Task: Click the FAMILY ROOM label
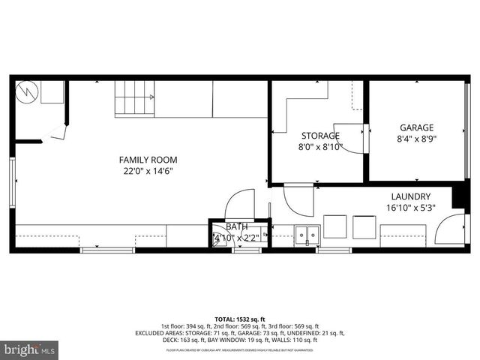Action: tap(148, 160)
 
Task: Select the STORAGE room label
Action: tap(320, 136)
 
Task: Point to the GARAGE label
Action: tap(416, 127)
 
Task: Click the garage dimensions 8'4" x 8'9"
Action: tap(416, 139)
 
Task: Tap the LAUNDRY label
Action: tap(409, 196)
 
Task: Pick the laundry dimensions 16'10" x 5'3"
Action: tap(409, 208)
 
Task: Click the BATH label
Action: tap(236, 226)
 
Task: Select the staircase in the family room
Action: tap(134, 99)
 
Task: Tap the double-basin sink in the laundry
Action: tap(306, 235)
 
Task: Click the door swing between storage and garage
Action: tap(349, 137)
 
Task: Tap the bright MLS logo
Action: tap(28, 349)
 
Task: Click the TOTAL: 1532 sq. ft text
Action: tap(239, 319)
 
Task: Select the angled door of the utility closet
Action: tap(55, 133)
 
